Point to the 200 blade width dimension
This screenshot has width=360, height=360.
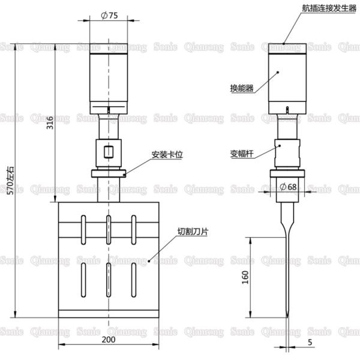(x=109, y=339)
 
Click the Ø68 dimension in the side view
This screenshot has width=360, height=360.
(x=288, y=187)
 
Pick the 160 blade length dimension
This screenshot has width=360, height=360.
(x=245, y=277)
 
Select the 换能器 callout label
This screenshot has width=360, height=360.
(x=241, y=88)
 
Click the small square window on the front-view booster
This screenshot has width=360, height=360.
(x=109, y=151)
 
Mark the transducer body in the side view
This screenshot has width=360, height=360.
(x=289, y=78)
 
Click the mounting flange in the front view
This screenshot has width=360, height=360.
(x=109, y=175)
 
